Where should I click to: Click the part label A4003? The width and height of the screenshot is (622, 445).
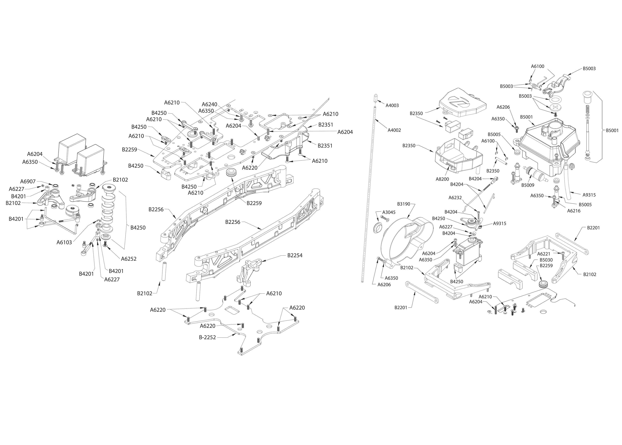392,105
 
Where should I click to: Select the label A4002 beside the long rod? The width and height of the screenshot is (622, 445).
394,130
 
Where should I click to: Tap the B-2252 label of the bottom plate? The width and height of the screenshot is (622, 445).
207,337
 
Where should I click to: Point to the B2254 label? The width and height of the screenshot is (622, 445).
295,255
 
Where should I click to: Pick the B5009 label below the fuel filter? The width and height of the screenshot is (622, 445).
527,185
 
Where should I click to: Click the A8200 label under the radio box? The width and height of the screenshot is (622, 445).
442,179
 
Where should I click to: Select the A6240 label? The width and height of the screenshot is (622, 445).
209,104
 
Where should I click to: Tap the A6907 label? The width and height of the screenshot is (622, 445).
28,181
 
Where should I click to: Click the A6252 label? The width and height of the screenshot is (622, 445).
129,259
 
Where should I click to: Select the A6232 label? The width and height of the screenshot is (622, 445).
455,198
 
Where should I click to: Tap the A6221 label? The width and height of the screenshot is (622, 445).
543,254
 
